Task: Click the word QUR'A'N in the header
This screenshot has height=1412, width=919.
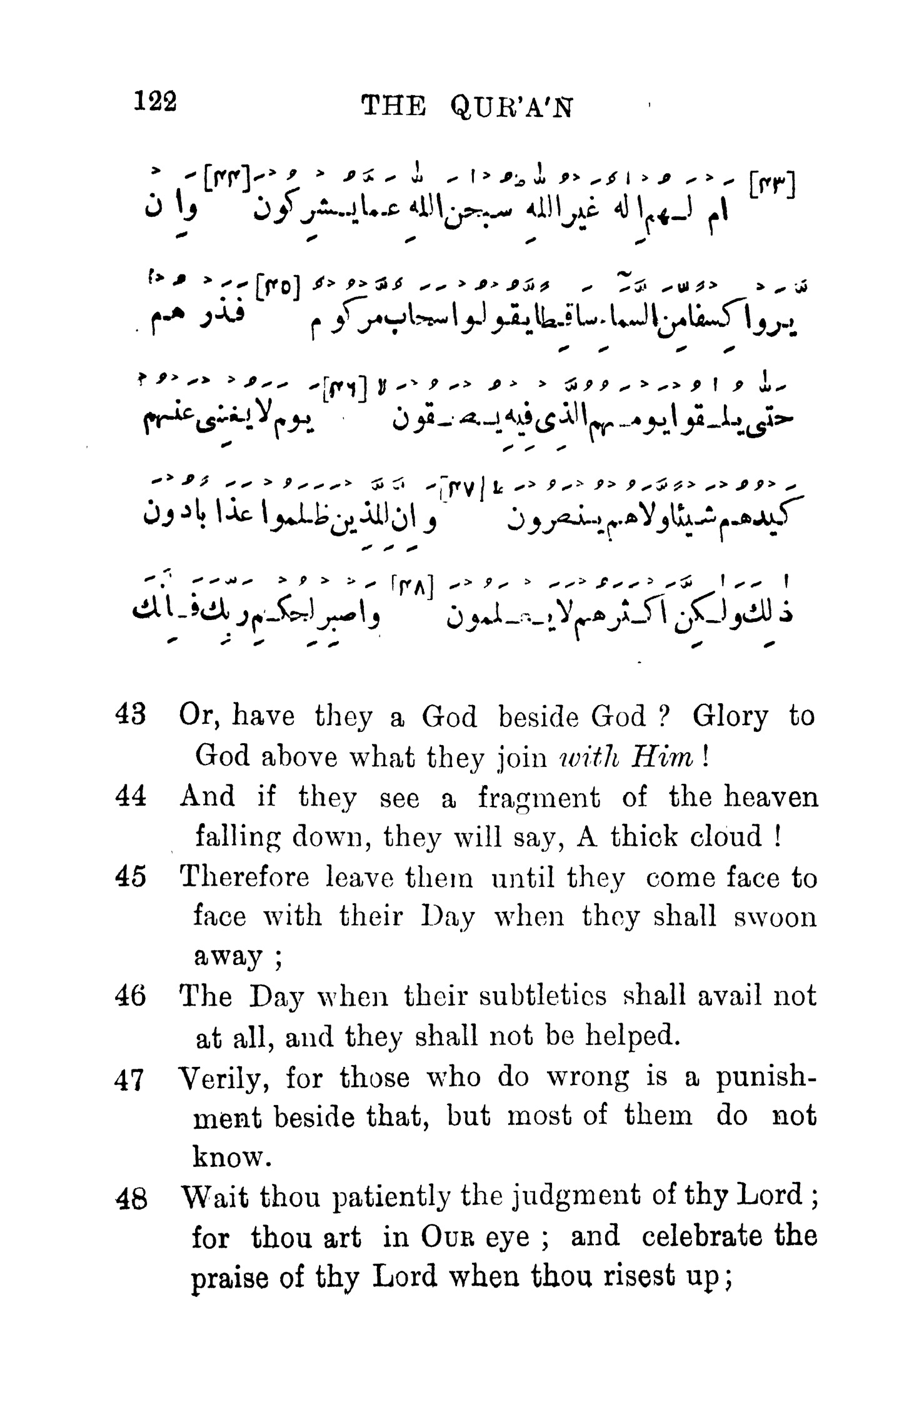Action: point(511,109)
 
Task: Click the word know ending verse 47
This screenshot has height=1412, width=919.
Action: point(230,1156)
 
